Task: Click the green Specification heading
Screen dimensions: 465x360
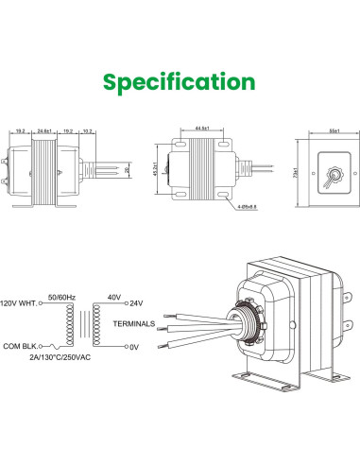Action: tap(180, 82)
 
